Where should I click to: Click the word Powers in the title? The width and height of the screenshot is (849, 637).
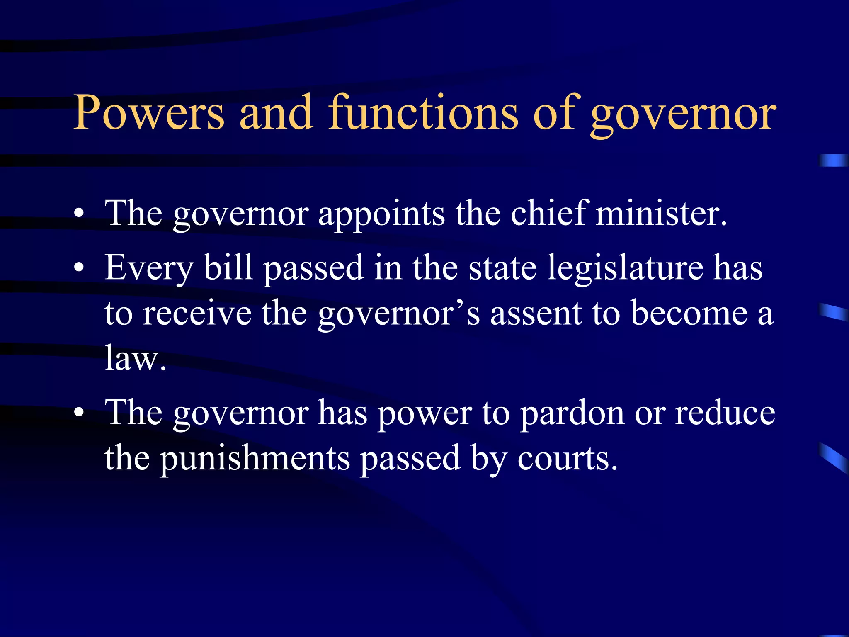(148, 113)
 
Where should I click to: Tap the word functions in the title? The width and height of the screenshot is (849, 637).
(423, 113)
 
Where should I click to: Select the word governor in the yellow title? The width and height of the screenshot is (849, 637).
(683, 115)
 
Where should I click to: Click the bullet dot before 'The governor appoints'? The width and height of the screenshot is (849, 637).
(79, 214)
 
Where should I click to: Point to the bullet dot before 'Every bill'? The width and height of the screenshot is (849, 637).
(79, 267)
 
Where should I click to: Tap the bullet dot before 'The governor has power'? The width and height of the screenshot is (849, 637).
(79, 413)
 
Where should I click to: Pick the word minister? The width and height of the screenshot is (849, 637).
(661, 214)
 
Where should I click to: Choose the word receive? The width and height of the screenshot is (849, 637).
(197, 314)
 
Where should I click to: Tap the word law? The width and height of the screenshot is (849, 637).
(135, 358)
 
